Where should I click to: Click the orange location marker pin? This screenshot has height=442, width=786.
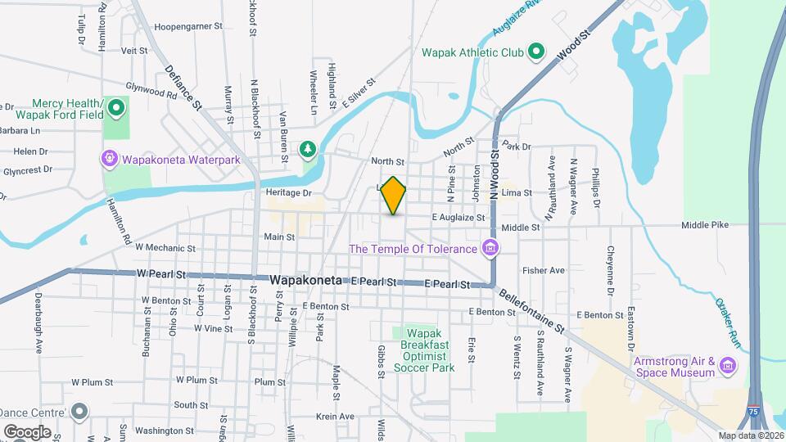(x=394, y=196)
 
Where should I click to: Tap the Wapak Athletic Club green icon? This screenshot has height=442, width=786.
(x=536, y=52)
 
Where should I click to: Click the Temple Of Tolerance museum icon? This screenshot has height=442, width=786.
(x=490, y=247)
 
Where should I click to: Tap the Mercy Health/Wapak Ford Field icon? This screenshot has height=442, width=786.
(x=116, y=106)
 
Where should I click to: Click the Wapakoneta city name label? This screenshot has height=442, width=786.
(x=309, y=280)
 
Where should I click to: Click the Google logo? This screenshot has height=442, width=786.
(x=27, y=431)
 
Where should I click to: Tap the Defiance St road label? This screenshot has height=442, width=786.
(x=183, y=88)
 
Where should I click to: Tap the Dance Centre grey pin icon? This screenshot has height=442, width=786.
(x=79, y=411)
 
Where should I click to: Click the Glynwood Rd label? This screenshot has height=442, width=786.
(x=151, y=88)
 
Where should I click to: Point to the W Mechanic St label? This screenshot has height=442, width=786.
(x=165, y=247)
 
